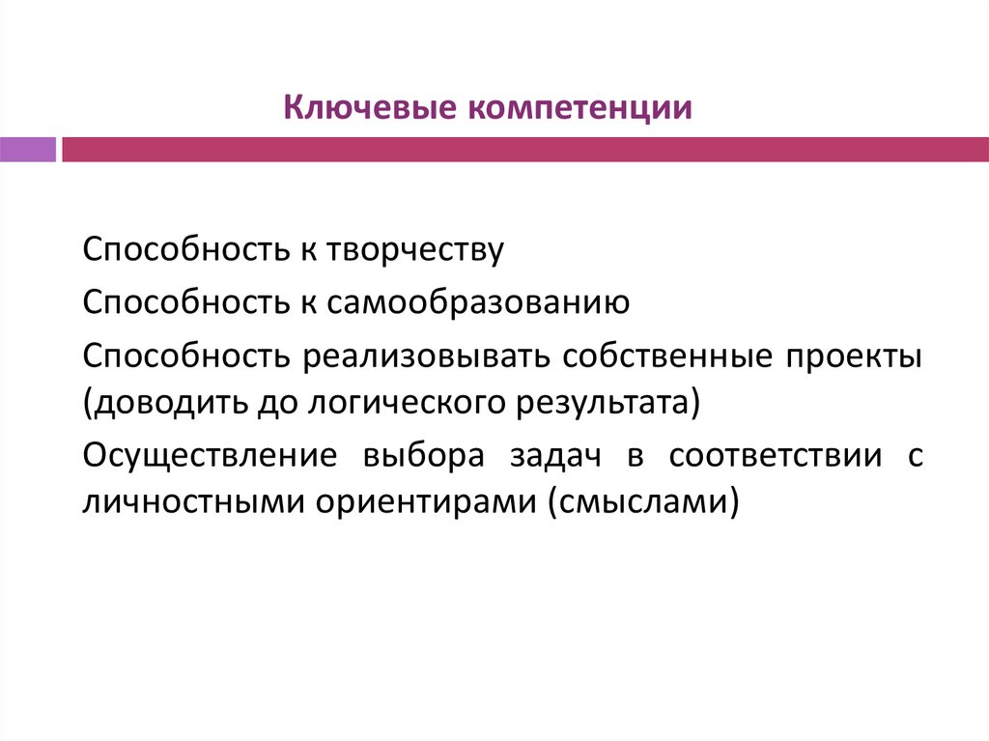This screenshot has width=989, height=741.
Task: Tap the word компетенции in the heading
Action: point(581,107)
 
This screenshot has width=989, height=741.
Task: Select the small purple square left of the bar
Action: point(28,150)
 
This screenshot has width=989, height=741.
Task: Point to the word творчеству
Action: point(416,249)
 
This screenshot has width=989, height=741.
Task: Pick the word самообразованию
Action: point(479,303)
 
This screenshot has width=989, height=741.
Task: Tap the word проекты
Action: point(854,356)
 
